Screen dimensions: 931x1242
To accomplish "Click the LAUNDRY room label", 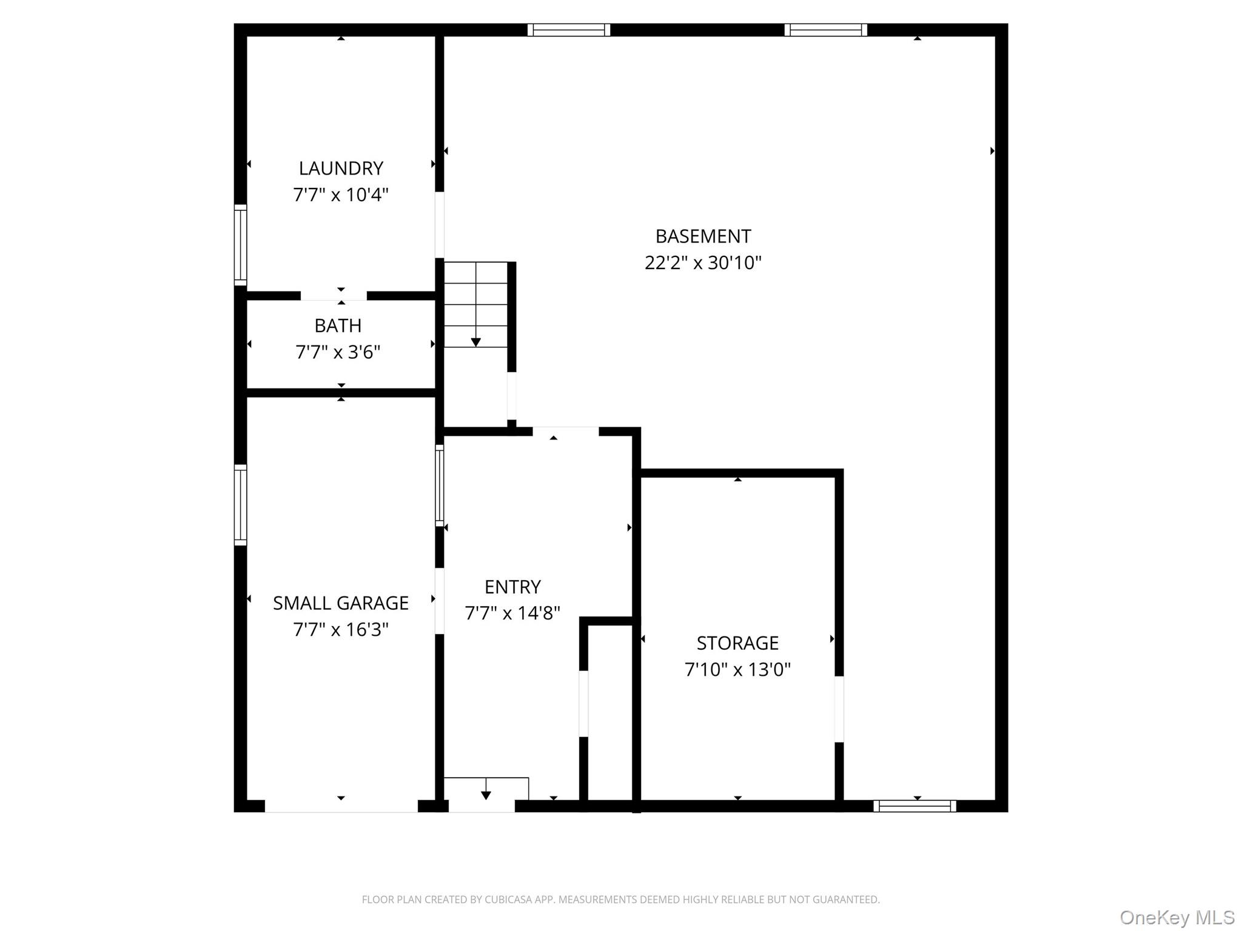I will [x=341, y=168].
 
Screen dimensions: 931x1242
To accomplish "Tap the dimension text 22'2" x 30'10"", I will [x=703, y=262].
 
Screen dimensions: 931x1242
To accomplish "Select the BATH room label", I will [x=338, y=325].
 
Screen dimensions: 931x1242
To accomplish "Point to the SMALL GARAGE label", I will [x=341, y=603].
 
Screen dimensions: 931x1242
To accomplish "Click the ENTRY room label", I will [x=512, y=587].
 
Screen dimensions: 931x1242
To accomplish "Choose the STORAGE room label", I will [x=737, y=642].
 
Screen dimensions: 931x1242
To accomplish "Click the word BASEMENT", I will [x=703, y=236].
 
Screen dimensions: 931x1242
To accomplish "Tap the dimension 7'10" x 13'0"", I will [x=737, y=669].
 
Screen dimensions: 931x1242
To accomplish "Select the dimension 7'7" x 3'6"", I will [x=338, y=352].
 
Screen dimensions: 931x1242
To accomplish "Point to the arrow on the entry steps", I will [x=486, y=793].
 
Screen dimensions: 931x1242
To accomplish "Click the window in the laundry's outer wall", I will [x=241, y=245].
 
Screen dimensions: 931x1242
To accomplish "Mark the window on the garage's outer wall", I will [x=241, y=505].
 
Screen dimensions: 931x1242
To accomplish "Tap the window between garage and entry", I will [x=440, y=485].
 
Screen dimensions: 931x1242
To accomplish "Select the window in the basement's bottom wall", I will [x=915, y=806].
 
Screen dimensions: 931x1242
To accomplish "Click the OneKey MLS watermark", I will [x=1177, y=917].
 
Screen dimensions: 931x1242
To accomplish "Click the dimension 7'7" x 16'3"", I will [x=341, y=630].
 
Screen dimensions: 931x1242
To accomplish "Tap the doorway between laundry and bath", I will [x=334, y=296].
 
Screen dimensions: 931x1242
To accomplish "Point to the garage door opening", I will [x=341, y=806].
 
